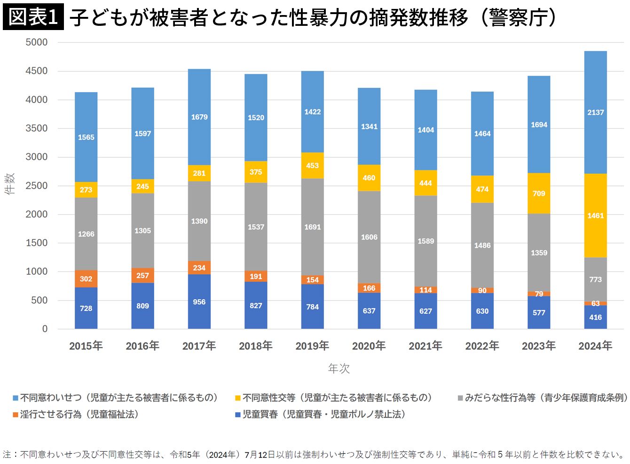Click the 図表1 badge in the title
coord(33,17)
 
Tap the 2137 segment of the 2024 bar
coord(595,112)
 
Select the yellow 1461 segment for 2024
coord(595,216)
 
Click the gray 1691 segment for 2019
coord(312,227)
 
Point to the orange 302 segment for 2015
coord(86,278)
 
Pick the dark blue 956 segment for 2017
coord(199,302)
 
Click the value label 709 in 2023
coord(539,193)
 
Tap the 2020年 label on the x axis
coord(369,346)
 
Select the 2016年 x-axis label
coord(142,346)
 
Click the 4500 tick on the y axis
coord(37,71)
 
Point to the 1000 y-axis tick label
coord(37,271)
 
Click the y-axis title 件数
coord(10,184)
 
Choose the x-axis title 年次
coord(339,369)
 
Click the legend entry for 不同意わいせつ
coord(115,398)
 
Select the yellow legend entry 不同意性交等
coord(334,398)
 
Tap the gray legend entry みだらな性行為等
coord(543,398)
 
